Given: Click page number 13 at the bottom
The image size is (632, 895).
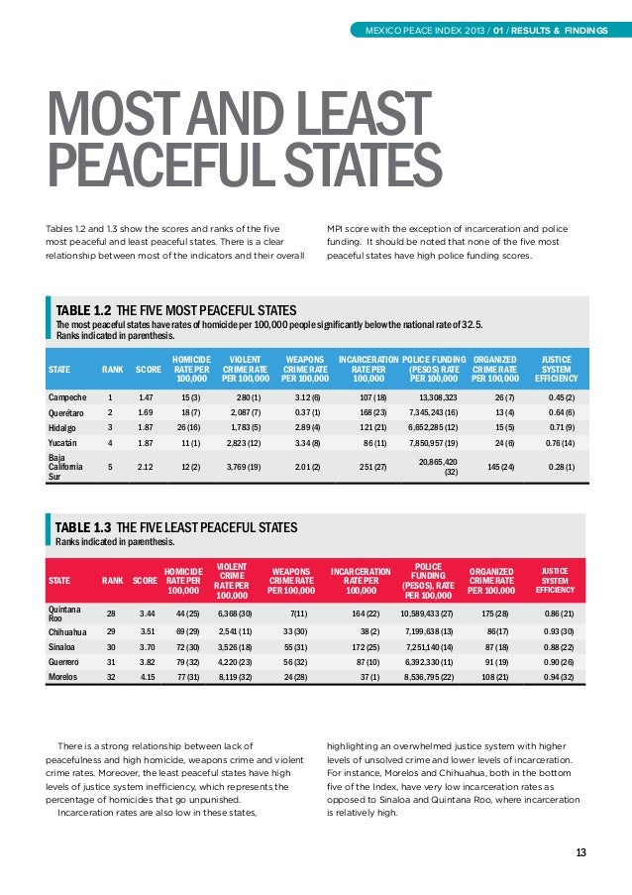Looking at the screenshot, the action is [x=580, y=852].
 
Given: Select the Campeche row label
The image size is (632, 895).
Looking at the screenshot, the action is [x=67, y=397].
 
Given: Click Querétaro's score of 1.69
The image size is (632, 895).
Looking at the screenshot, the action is [x=145, y=412].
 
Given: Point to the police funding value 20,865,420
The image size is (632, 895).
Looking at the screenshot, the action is [x=438, y=462].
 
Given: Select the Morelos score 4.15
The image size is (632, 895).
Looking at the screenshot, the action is [x=147, y=677].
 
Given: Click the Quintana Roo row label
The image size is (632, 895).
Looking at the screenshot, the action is [x=63, y=614].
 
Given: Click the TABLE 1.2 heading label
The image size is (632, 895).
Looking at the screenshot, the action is [x=80, y=310].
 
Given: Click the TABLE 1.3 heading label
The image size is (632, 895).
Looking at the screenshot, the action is [x=83, y=527].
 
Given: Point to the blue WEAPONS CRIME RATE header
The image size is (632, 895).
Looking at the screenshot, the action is [x=305, y=370].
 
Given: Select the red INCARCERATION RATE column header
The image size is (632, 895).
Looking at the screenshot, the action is [x=361, y=581].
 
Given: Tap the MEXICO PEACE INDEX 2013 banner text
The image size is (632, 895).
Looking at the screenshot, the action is [x=425, y=31].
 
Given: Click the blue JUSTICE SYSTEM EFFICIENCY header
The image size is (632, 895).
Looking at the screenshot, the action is [x=556, y=370].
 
